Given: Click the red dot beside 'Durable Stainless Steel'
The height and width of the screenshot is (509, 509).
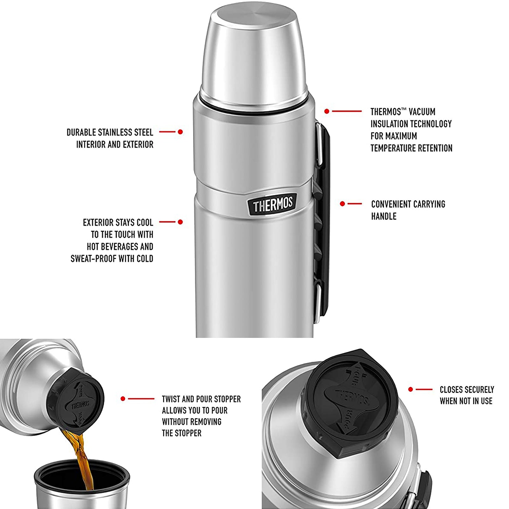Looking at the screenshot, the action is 180,132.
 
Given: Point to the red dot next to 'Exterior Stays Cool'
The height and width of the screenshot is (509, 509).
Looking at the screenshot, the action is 180,222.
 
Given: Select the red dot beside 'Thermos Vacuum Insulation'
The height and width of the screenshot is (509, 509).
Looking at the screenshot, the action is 327,111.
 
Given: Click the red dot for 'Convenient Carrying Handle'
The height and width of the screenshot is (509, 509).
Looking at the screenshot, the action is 342,204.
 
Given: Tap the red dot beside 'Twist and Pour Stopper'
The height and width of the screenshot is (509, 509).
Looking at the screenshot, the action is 123,399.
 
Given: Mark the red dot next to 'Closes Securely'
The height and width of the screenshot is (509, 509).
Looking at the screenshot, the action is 410,389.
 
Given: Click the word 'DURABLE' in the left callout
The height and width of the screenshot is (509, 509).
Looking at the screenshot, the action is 81,132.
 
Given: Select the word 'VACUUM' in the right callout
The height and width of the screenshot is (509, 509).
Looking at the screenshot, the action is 422,112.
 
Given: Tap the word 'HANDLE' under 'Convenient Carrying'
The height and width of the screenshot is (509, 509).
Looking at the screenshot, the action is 384,216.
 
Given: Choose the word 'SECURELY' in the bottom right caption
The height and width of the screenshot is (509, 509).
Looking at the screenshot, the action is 479,390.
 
